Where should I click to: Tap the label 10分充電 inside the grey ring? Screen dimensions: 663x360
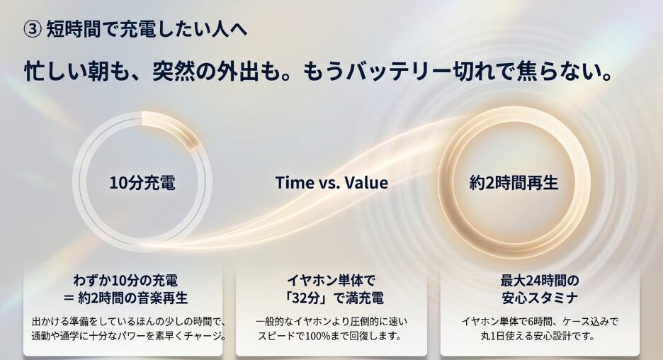142,183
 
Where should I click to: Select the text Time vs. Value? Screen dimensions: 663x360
331,182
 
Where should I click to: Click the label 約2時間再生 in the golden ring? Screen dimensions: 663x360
514,183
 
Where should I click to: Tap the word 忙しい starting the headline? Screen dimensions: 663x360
54,72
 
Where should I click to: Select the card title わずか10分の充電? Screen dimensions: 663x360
125,280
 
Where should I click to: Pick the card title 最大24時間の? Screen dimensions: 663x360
540,280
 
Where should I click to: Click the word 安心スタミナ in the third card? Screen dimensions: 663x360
540,298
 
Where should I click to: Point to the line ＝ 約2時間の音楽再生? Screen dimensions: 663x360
125,298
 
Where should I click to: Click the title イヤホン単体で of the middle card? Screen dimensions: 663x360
331,280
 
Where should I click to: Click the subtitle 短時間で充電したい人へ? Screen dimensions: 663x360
147,29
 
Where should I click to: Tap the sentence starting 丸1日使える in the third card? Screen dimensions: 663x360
540,337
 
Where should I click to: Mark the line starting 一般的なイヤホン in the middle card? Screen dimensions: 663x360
331,322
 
